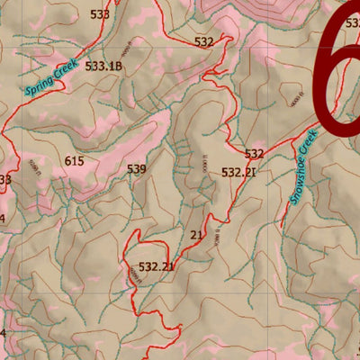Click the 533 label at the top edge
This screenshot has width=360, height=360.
100,14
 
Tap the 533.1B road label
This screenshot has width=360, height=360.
103,66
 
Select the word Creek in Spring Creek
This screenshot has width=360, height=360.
66,67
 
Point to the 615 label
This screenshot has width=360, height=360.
75,161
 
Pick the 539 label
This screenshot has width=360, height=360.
136,168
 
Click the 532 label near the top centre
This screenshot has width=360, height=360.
204,41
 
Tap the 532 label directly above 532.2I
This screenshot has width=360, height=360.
255,154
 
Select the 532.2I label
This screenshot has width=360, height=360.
238,172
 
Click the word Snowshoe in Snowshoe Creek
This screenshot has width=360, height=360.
299,176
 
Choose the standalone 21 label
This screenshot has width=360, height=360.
197,235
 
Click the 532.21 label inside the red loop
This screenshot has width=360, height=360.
157,266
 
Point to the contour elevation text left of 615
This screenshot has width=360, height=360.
35,167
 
